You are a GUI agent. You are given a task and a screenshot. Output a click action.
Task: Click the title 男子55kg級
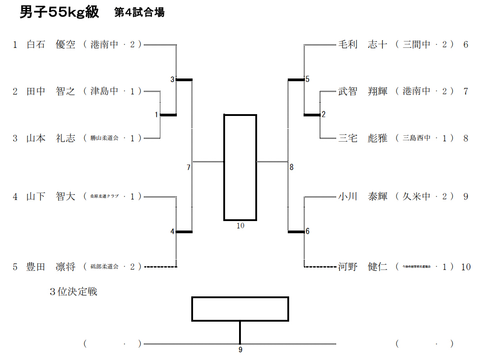[x=59, y=12]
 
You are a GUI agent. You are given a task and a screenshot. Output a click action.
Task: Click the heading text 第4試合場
[x=139, y=13]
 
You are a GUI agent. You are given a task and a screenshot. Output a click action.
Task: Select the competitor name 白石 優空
[x=51, y=45]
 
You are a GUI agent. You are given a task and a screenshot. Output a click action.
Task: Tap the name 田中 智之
[x=51, y=92]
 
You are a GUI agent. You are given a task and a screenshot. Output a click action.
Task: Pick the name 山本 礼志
[x=51, y=138]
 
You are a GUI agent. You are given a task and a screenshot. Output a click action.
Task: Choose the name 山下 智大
[x=51, y=197]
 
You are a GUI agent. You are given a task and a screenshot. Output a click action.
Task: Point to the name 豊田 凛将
[x=51, y=267]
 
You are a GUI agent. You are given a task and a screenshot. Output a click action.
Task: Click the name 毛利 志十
[x=363, y=45]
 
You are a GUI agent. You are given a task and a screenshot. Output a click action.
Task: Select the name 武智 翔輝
[x=363, y=92]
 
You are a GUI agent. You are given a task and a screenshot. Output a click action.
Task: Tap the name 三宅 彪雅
[x=363, y=138]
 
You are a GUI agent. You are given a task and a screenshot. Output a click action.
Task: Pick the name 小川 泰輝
[x=363, y=197]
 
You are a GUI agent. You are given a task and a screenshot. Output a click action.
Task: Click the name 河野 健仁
[x=363, y=267]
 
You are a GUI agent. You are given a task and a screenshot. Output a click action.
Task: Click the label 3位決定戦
[x=74, y=292]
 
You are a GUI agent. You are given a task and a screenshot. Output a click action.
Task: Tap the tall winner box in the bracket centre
[x=240, y=167]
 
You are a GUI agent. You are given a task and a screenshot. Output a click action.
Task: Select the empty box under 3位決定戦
[x=240, y=309]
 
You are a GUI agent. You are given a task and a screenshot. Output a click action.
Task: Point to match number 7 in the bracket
[x=189, y=168]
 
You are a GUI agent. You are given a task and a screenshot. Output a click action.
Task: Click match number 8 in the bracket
[x=292, y=168]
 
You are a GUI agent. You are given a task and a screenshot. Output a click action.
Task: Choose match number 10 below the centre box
[x=240, y=226]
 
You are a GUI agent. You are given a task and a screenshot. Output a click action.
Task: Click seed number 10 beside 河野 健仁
[x=466, y=267]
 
